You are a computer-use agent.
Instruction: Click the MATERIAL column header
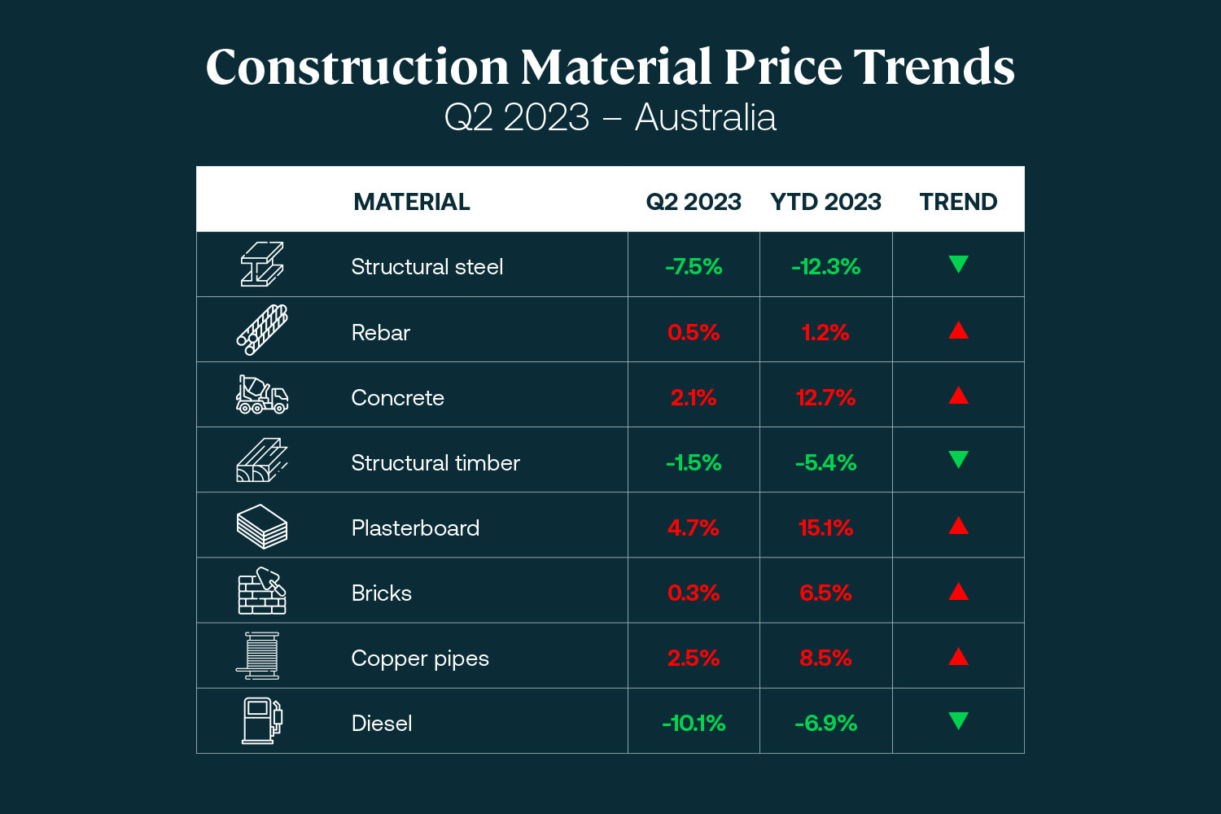[411, 202]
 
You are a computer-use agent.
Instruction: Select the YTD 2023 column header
[825, 202]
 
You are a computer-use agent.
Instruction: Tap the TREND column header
[958, 202]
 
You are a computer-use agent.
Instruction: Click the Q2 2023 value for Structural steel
[694, 267]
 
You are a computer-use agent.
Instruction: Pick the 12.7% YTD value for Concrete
[825, 397]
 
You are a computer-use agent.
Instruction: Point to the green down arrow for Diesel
[958, 720]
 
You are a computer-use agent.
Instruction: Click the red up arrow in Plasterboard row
[958, 526]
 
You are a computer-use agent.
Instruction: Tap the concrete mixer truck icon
[261, 395]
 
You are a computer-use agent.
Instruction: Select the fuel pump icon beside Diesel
[261, 720]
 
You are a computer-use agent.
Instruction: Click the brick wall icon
[261, 591]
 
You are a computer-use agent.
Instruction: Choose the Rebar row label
[380, 332]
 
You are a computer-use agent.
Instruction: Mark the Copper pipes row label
[420, 658]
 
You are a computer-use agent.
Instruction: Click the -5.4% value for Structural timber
[825, 462]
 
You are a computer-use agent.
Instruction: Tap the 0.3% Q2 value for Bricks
[694, 593]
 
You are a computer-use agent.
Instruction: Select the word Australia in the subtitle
[705, 117]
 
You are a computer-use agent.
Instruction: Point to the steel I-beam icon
[261, 265]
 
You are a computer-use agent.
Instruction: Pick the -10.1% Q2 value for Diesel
[694, 723]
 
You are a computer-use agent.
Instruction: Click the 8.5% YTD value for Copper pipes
[825, 658]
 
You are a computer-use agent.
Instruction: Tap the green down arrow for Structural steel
[958, 264]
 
